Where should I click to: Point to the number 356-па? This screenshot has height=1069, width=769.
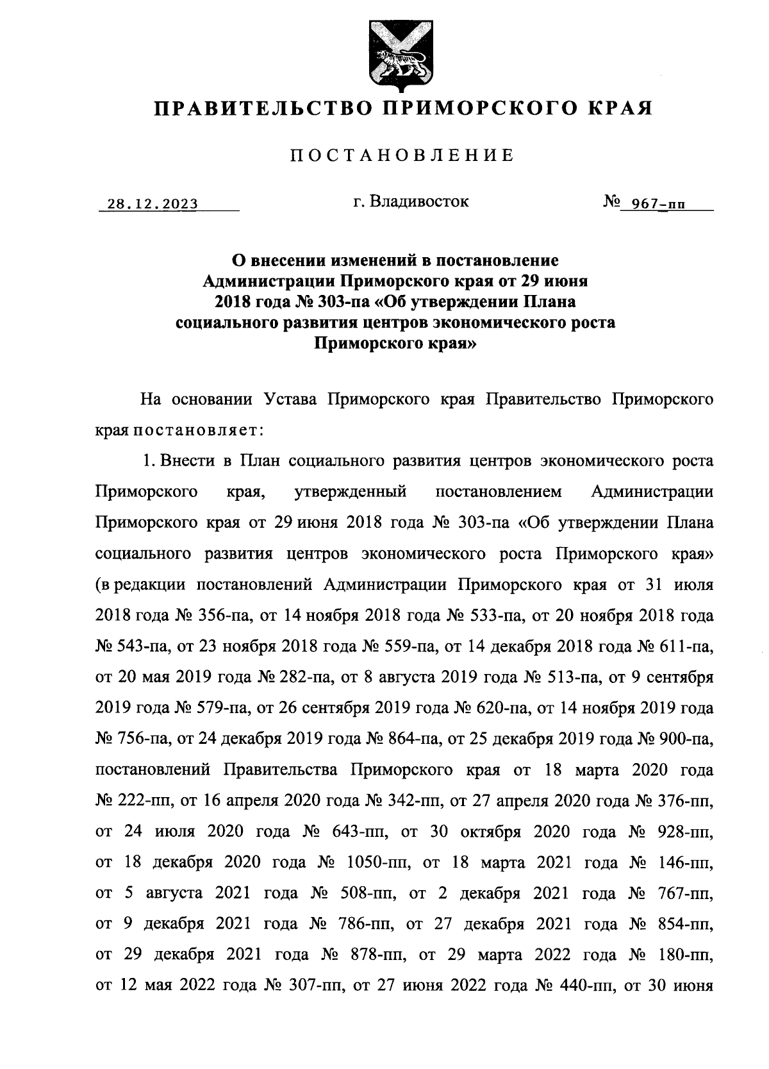point(215,616)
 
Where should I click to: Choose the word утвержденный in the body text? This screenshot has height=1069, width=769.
point(351,492)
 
